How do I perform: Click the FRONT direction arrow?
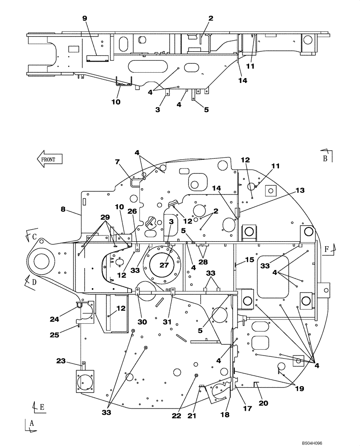49,159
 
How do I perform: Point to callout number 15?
249,260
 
